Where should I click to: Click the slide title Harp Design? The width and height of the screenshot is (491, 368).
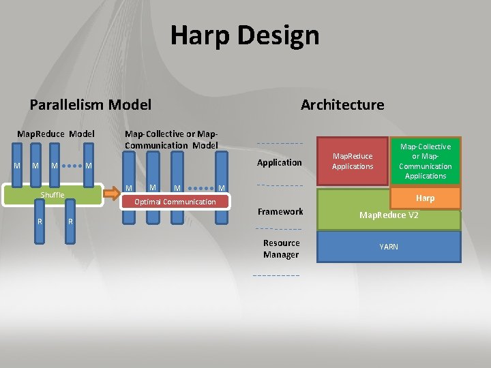click(x=245, y=35)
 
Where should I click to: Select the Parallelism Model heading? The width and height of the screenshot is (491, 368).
click(x=91, y=105)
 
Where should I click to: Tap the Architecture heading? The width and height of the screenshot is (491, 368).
click(x=342, y=105)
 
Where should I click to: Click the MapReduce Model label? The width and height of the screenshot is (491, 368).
click(x=56, y=134)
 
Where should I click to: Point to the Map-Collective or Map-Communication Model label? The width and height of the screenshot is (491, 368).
click(x=171, y=140)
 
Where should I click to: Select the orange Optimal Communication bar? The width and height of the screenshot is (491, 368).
click(x=175, y=202)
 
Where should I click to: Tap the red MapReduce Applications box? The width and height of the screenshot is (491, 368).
click(x=353, y=162)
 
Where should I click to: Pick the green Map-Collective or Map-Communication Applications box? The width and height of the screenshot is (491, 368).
click(x=425, y=162)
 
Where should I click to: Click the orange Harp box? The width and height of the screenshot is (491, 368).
click(x=425, y=198)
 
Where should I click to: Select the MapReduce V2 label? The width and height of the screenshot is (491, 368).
click(x=389, y=215)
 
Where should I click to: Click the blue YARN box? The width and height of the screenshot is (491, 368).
click(x=389, y=247)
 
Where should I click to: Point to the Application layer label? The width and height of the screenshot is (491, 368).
click(x=279, y=162)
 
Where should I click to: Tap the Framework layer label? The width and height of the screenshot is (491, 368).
click(x=280, y=212)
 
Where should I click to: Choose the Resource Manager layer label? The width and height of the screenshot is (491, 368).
click(x=281, y=249)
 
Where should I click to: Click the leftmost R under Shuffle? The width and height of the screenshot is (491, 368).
click(x=40, y=222)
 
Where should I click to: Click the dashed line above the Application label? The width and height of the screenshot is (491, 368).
click(x=279, y=144)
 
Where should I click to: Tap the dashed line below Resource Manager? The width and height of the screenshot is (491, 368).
click(x=276, y=275)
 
